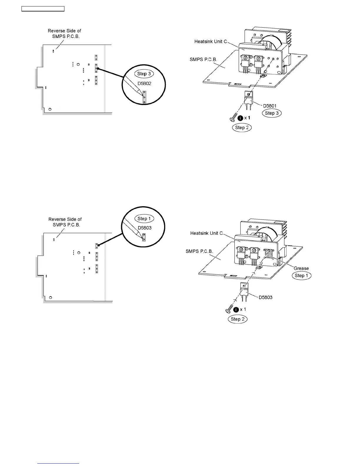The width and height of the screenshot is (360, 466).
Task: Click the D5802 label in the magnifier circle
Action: pyautogui.click(x=144, y=84)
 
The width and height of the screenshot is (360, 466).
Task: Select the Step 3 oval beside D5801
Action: pyautogui.click(x=271, y=113)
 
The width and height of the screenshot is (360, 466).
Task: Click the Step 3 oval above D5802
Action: pyautogui.click(x=144, y=74)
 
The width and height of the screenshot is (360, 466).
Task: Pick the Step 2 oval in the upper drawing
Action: pyautogui.click(x=242, y=128)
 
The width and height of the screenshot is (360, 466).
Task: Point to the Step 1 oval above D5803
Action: pyautogui.click(x=144, y=219)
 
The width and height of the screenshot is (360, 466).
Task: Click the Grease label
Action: pyautogui.click(x=301, y=268)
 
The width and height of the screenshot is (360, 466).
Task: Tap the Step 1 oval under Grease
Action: pyautogui.click(x=301, y=276)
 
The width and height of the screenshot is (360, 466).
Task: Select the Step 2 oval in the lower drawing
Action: pyautogui.click(x=238, y=319)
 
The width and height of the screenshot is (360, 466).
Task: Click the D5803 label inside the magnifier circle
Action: pyautogui.click(x=144, y=228)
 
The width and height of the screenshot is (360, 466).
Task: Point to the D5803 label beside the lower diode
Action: pyautogui.click(x=266, y=297)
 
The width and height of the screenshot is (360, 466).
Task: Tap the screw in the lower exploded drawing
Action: pyautogui.click(x=229, y=309)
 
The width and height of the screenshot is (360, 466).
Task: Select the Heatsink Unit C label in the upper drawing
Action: pyautogui.click(x=211, y=41)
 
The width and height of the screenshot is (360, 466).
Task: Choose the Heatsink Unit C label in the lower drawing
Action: pyautogui.click(x=206, y=233)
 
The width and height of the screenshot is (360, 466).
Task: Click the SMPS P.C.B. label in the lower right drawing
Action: pyautogui.click(x=199, y=252)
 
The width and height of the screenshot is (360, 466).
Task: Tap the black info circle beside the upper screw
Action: pyautogui.click(x=240, y=118)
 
